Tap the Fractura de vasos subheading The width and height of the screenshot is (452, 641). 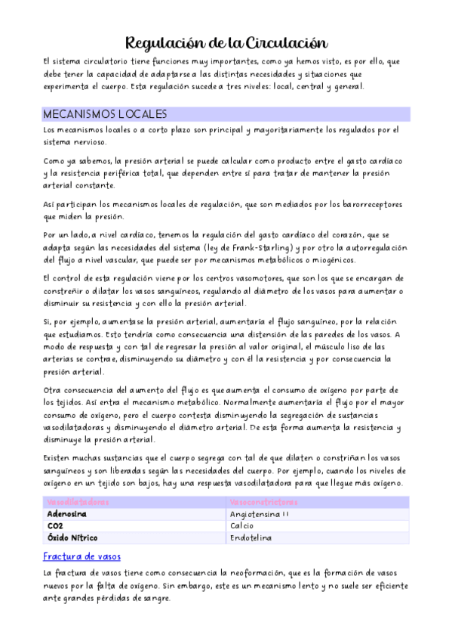pyautogui.click(x=81, y=556)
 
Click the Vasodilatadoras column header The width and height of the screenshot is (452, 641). pyautogui.click(x=78, y=502)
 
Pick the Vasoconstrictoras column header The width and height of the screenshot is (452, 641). pyautogui.click(x=263, y=502)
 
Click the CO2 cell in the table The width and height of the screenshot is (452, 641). pyautogui.click(x=55, y=526)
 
